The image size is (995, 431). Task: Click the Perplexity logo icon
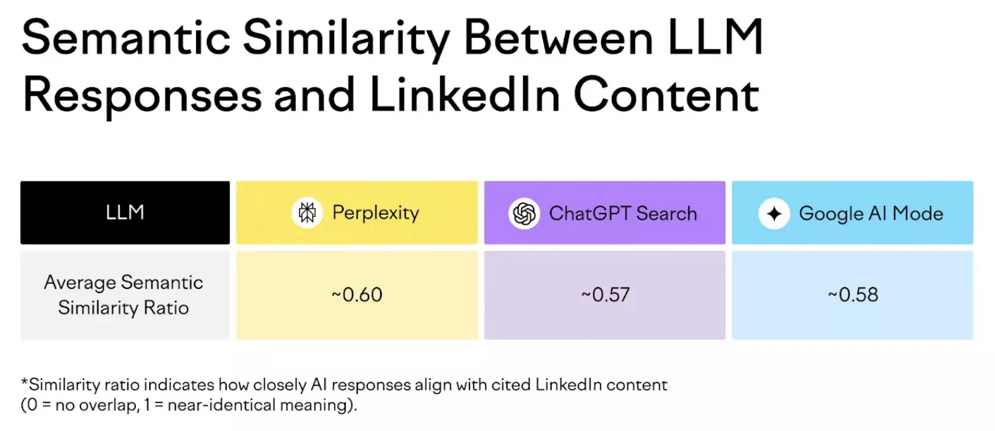(307, 213)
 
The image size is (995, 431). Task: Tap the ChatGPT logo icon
(524, 214)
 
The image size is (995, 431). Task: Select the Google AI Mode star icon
(774, 214)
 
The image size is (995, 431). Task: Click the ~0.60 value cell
(357, 295)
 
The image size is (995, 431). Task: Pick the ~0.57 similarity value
(606, 295)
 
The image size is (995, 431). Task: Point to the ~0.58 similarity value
(853, 295)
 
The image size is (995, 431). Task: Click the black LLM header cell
(125, 212)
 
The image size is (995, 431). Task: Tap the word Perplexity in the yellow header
(375, 213)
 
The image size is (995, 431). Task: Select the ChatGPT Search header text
(623, 214)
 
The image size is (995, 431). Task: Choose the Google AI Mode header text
(870, 214)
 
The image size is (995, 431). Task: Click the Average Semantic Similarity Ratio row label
(124, 295)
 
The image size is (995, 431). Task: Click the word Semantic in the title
(126, 38)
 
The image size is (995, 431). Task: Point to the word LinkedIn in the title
(465, 95)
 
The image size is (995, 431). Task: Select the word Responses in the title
(142, 95)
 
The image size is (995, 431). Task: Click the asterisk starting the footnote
(25, 383)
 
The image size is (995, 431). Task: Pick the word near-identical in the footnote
(215, 405)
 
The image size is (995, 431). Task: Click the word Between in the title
(558, 38)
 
